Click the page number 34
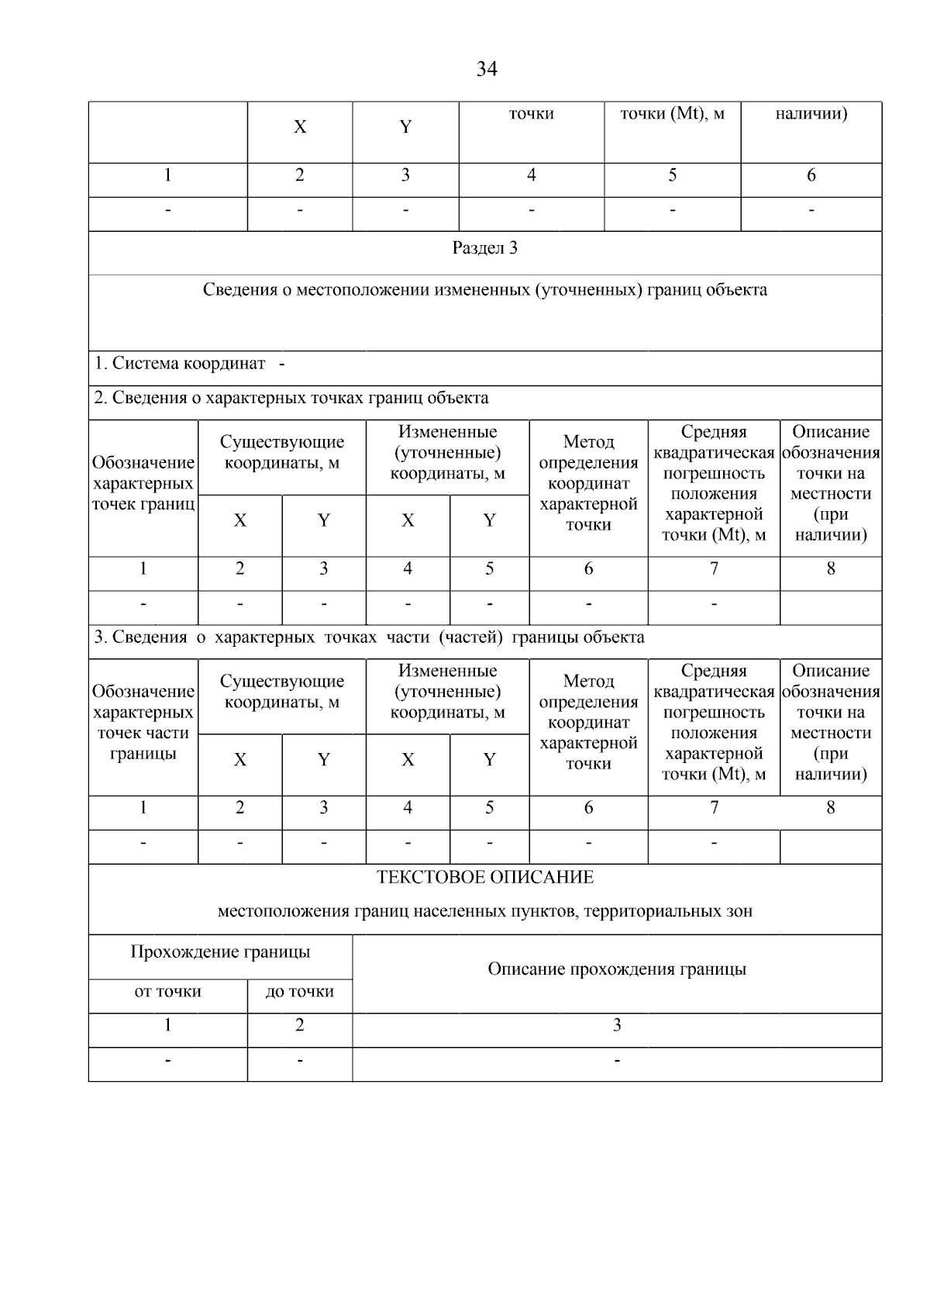486,70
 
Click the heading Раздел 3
485,248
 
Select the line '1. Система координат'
181,364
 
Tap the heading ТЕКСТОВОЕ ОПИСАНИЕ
485,878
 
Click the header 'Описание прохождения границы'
617,969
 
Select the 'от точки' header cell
168,992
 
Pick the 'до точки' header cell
300,992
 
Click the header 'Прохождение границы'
220,952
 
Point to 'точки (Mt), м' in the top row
672,114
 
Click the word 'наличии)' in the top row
811,114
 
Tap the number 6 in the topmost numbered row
811,176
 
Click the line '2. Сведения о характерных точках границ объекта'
291,399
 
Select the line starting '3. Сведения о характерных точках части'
369,637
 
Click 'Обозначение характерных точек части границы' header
143,722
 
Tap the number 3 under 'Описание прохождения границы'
617,1026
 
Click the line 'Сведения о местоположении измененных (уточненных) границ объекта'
485,290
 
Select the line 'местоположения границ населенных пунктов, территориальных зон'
485,912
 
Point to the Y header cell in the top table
405,127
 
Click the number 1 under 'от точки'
168,1026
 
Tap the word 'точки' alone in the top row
532,114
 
